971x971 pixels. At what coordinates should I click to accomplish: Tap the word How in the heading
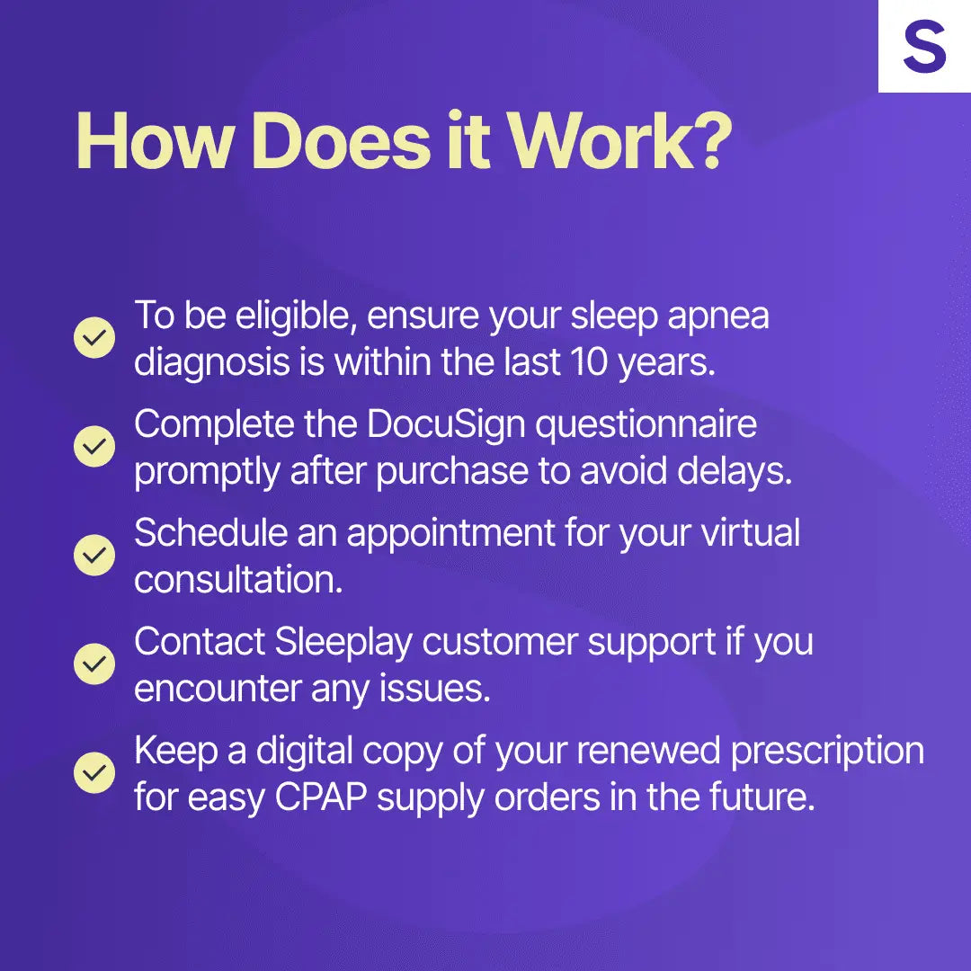152,141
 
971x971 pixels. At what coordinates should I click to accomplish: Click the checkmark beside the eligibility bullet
94,337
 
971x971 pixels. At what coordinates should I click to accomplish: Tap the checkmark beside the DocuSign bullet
94,446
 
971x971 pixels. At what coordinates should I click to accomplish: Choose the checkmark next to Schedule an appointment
94,555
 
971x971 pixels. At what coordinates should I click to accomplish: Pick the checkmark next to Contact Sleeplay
94,664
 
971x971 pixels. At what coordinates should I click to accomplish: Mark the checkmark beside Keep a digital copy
94,772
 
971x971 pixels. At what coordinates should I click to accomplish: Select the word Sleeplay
343,642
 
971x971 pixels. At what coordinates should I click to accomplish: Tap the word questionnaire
646,425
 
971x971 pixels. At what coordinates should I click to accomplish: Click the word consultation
238,580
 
